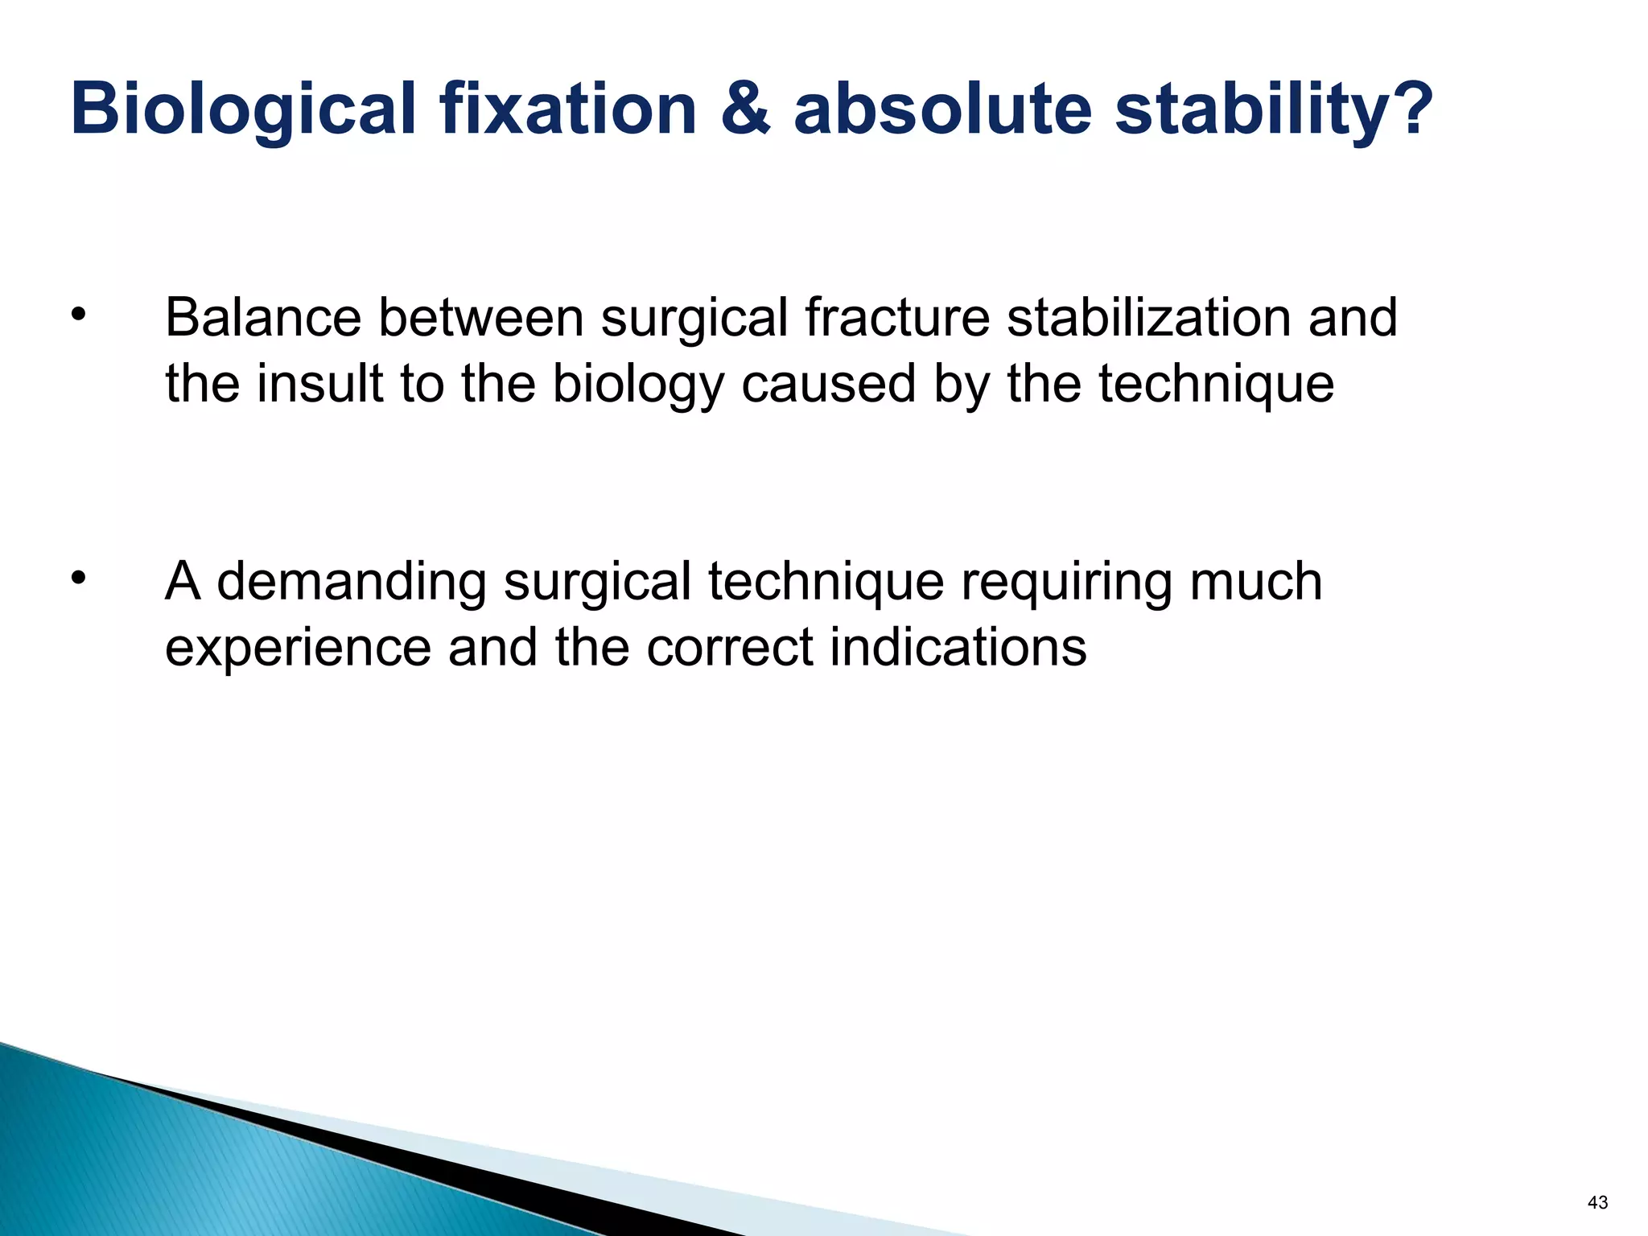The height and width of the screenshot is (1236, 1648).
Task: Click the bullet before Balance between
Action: coord(77,315)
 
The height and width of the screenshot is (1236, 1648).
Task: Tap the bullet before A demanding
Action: coord(77,577)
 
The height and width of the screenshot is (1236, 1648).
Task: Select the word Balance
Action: coord(263,317)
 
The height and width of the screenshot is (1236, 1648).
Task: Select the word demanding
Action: coord(352,583)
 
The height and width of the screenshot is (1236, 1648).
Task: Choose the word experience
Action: coord(299,649)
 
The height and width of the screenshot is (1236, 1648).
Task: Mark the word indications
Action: coord(958,647)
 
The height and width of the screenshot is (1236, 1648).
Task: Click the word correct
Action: coord(730,647)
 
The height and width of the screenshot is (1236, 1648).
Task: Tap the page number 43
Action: coord(1597,1202)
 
